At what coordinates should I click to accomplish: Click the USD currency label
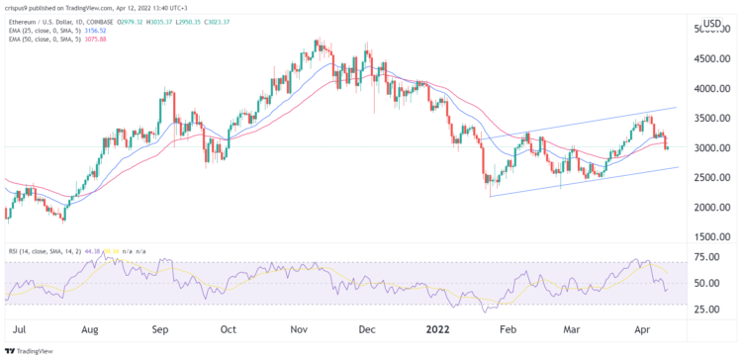(x=711, y=23)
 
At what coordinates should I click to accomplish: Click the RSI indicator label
(x=14, y=252)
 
